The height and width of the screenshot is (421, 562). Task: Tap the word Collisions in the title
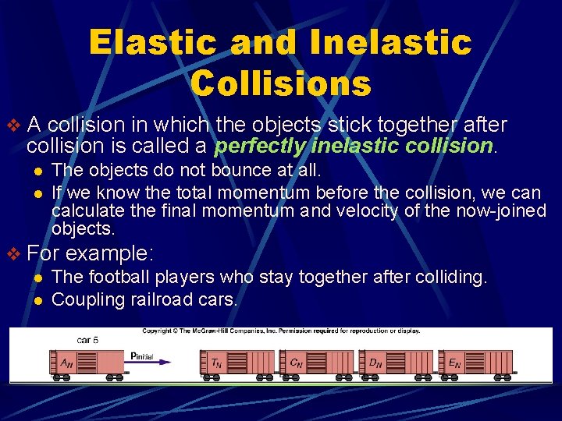tap(281, 83)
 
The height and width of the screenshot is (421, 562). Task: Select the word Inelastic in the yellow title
tap(391, 42)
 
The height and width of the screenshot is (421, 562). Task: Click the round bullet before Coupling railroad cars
tap(37, 299)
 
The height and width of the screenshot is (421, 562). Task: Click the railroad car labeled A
tap(91, 362)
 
